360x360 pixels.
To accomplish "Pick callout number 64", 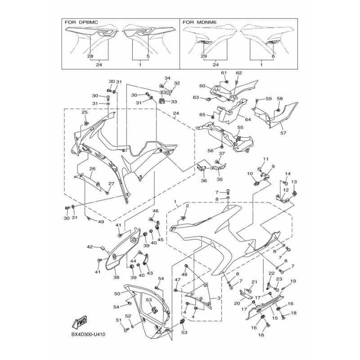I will (x=247, y=119).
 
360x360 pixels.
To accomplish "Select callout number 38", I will (x=116, y=277).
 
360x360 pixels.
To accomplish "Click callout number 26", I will (x=92, y=169).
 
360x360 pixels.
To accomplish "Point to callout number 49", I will (x=101, y=221).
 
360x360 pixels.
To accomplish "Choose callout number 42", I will (x=90, y=247).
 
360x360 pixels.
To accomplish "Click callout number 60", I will (x=202, y=86).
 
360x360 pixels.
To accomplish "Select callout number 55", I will (x=240, y=128).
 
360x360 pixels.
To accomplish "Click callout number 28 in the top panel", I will (x=90, y=56).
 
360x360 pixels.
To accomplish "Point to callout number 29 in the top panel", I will (x=204, y=56).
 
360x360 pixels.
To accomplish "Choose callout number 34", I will (x=167, y=78).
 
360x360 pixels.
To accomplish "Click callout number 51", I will (x=119, y=320).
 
